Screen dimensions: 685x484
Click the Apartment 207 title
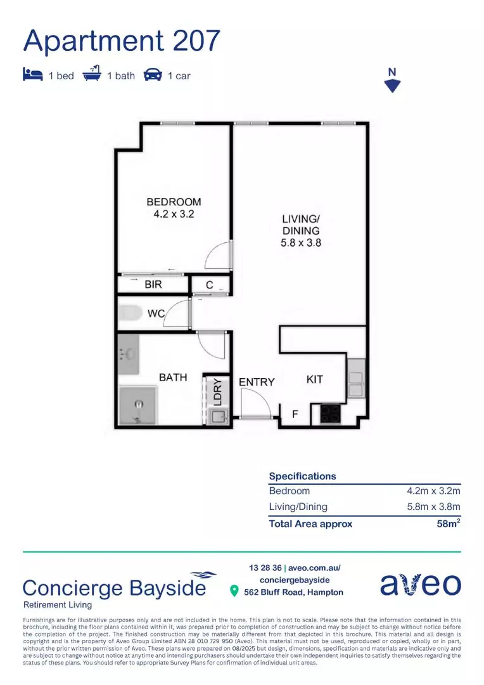(122, 41)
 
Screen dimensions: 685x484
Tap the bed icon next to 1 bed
(32, 75)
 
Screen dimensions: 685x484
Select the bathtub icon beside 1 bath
(92, 75)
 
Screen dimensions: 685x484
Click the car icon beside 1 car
(153, 75)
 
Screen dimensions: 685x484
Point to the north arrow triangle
(393, 86)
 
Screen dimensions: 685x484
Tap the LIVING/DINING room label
(300, 230)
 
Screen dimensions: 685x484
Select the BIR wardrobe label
(153, 285)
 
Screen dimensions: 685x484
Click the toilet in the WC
(131, 313)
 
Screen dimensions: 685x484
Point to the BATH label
(173, 377)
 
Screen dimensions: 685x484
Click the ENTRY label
(257, 382)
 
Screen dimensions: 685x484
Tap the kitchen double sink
(356, 379)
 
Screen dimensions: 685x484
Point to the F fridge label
(295, 415)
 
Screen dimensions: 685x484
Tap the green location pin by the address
(234, 592)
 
